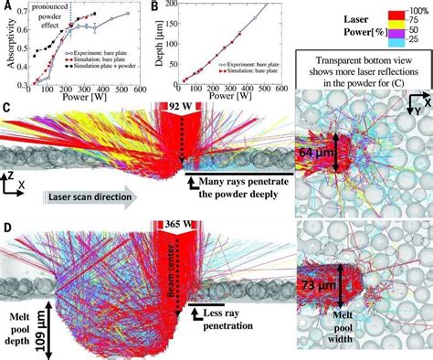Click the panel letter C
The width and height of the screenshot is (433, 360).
(6, 108)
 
